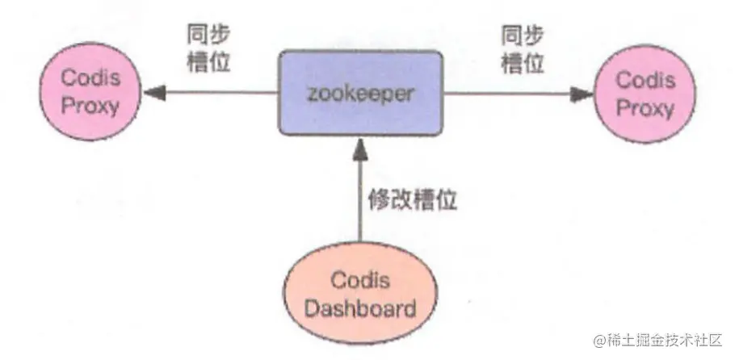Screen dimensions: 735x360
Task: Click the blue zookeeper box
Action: click(361, 93)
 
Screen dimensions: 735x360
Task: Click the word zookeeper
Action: click(361, 93)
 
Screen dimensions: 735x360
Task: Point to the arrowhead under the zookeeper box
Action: click(360, 145)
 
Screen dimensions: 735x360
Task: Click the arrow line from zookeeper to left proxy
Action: click(218, 94)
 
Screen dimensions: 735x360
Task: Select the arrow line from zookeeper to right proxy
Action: click(509, 94)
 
